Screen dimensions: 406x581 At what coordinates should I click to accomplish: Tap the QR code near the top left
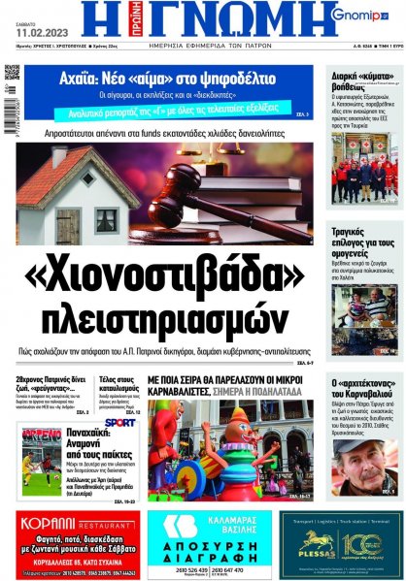(12, 73)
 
